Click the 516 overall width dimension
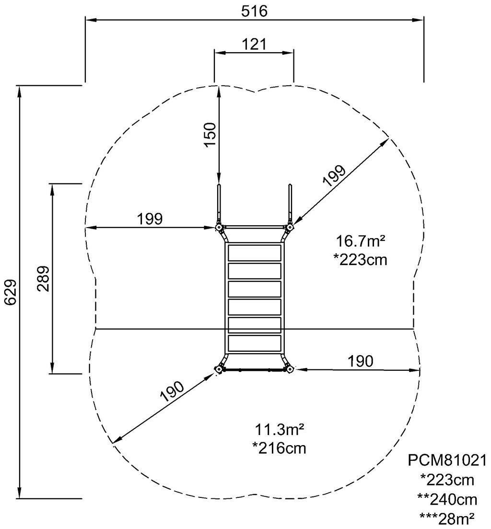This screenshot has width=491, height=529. [x=254, y=11]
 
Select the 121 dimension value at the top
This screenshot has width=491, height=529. [x=254, y=44]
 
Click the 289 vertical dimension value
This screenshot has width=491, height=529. [x=44, y=278]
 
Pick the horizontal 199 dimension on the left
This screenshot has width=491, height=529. [x=150, y=218]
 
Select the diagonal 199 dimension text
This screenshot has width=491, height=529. [x=334, y=176]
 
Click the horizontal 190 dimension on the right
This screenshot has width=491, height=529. [x=360, y=361]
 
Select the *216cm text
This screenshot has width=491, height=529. [x=279, y=448]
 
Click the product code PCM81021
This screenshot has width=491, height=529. [x=447, y=460]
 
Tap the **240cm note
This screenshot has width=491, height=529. [x=447, y=499]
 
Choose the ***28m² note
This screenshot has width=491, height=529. [x=447, y=518]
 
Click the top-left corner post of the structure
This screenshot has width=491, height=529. [x=219, y=227]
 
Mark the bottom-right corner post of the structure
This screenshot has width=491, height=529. [x=290, y=369]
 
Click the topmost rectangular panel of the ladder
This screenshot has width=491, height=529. [x=254, y=252]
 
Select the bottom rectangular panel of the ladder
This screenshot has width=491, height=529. [x=254, y=343]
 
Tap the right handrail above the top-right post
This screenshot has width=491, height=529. [x=290, y=201]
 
